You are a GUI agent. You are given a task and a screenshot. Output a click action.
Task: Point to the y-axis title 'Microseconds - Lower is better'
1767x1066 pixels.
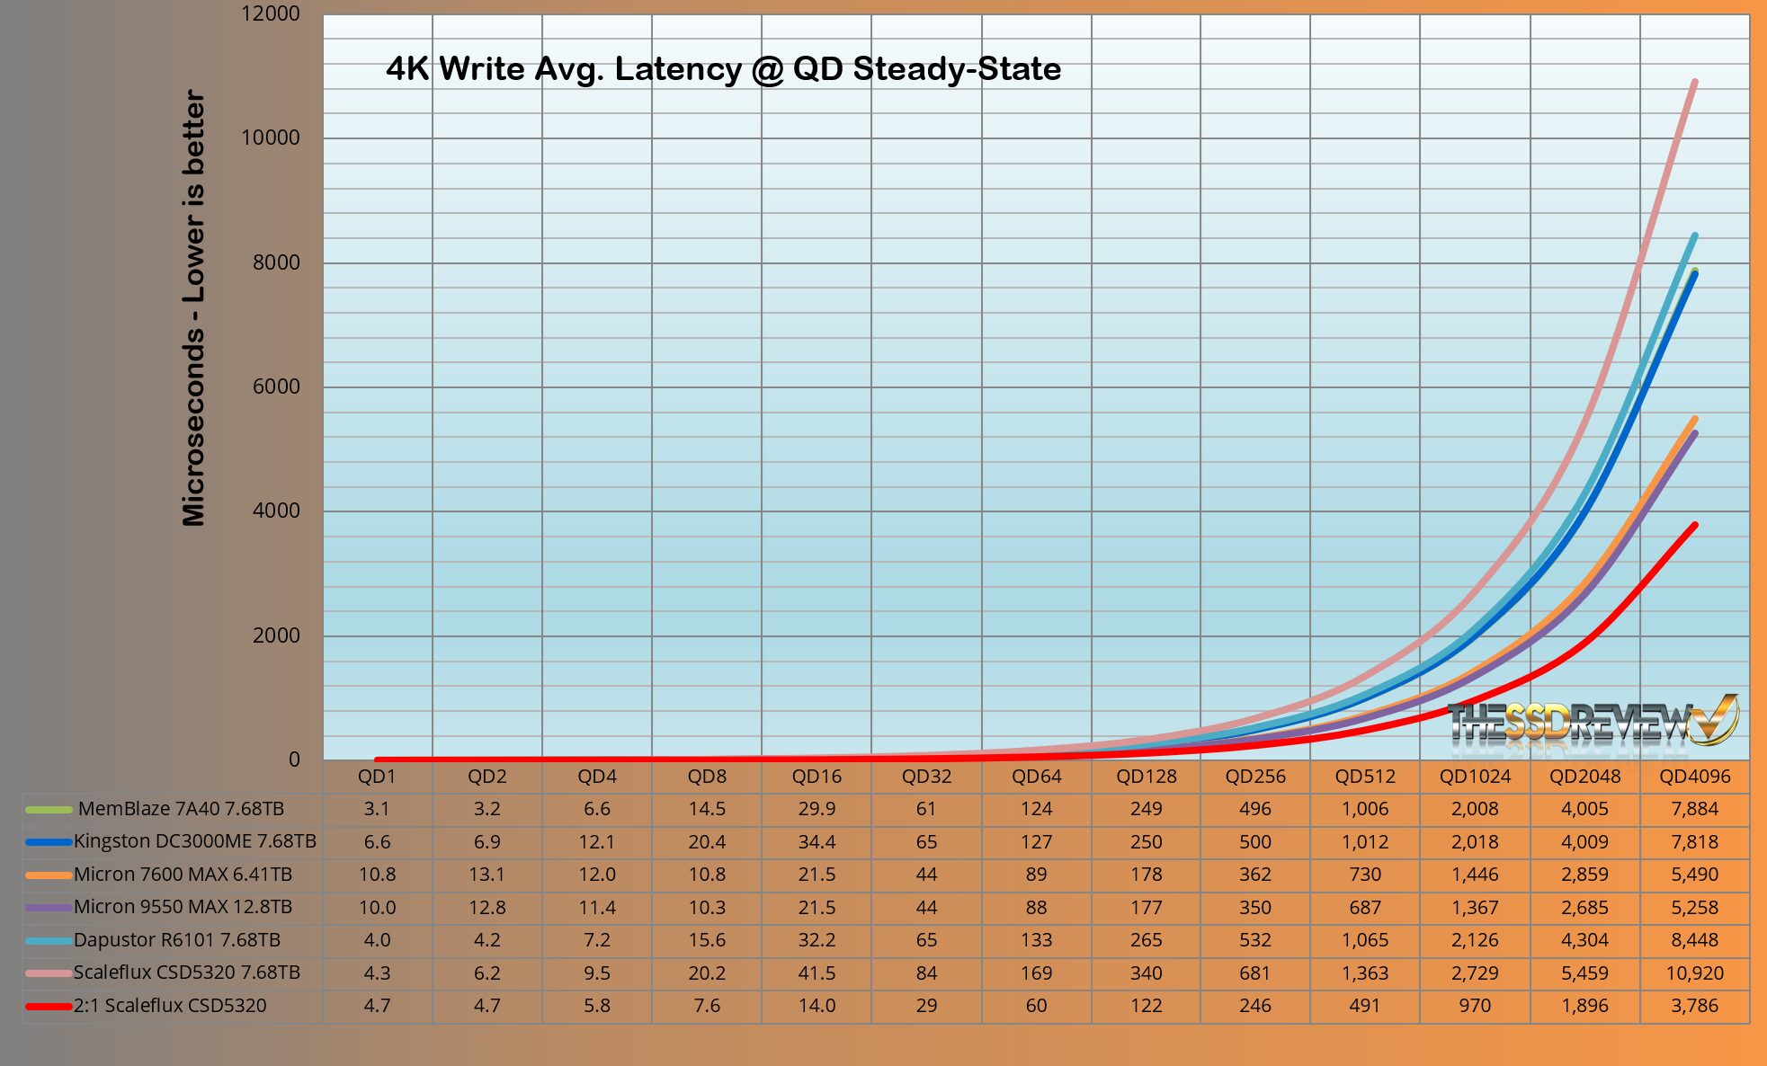(193, 307)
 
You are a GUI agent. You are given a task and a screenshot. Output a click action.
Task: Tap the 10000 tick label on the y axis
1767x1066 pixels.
(270, 138)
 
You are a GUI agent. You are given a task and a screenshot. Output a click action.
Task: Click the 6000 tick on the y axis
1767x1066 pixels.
(270, 386)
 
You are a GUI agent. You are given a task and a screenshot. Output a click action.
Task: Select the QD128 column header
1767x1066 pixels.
(1146, 777)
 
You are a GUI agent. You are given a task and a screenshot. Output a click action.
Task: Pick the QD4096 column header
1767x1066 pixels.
(1694, 777)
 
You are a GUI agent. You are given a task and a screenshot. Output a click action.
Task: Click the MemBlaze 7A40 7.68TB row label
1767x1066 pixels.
(181, 809)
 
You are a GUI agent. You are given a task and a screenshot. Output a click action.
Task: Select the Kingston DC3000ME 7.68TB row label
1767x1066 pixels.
(194, 841)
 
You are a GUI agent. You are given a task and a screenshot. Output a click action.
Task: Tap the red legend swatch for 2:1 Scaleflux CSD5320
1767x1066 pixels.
(49, 1006)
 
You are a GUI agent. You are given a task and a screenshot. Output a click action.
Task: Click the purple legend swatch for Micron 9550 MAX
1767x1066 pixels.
(49, 908)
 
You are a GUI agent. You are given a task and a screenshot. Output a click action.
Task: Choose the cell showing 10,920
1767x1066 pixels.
(1694, 973)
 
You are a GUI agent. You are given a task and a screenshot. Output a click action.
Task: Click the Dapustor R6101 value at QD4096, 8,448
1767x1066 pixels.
(1694, 940)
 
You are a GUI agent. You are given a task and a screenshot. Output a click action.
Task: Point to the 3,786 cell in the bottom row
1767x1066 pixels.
(1694, 1006)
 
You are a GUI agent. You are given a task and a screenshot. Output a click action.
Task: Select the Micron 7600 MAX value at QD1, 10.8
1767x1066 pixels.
(377, 875)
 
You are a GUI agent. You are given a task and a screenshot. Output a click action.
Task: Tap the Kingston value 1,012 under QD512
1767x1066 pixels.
(1364, 842)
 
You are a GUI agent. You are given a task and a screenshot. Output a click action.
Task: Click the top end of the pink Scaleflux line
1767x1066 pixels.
(1695, 82)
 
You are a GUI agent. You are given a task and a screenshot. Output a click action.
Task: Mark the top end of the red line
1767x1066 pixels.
(1695, 525)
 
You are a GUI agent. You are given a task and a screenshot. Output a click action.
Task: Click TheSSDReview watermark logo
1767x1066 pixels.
(1592, 722)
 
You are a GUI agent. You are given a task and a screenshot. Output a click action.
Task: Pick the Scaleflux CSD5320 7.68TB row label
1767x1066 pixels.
(186, 973)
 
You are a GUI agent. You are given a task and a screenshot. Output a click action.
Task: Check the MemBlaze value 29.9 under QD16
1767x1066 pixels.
(817, 809)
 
